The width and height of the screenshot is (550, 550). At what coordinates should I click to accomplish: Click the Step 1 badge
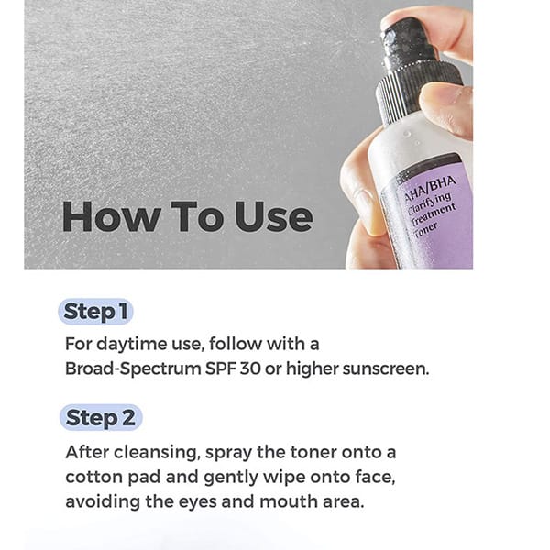(x=95, y=312)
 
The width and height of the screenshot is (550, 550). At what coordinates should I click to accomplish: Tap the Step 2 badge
(x=101, y=417)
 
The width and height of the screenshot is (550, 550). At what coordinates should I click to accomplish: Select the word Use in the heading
(x=273, y=216)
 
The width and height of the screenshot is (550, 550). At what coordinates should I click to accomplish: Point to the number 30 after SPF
(x=250, y=368)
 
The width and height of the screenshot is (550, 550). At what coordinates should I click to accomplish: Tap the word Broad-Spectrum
(x=133, y=369)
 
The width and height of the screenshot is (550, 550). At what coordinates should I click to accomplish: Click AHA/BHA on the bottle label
(x=430, y=188)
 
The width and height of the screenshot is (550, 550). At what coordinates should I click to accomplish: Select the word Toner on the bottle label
(x=425, y=231)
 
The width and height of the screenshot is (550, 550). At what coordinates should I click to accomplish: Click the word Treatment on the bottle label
(x=434, y=214)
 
